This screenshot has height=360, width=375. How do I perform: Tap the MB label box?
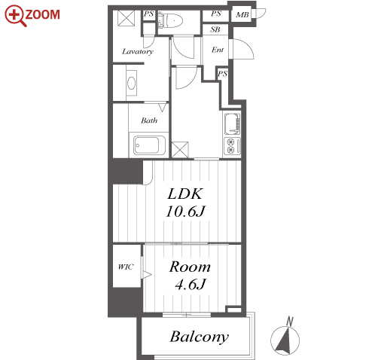point(242,15)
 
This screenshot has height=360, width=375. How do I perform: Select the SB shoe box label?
point(215,29)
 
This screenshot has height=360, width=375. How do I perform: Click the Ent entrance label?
point(218,50)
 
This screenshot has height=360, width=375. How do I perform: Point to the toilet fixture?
point(170,20)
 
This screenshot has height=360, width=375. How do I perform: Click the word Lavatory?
point(138,52)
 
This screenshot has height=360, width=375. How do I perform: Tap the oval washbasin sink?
point(132,83)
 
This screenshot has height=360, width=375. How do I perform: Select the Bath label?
point(149,121)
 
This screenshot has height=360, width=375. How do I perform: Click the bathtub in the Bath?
point(147,145)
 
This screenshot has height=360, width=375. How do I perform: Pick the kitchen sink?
point(232,124)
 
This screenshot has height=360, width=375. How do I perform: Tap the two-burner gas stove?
point(232,146)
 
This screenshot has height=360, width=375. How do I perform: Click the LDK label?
point(184,194)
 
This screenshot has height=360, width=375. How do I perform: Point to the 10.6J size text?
point(186,212)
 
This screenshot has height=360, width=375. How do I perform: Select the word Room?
point(190,267)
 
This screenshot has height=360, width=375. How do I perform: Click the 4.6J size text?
point(191,285)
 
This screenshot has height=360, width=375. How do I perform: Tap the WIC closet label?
point(126,267)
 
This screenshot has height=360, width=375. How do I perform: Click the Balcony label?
point(200,337)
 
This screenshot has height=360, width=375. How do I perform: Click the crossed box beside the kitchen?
point(180,150)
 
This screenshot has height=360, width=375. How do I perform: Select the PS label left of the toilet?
point(148,14)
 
